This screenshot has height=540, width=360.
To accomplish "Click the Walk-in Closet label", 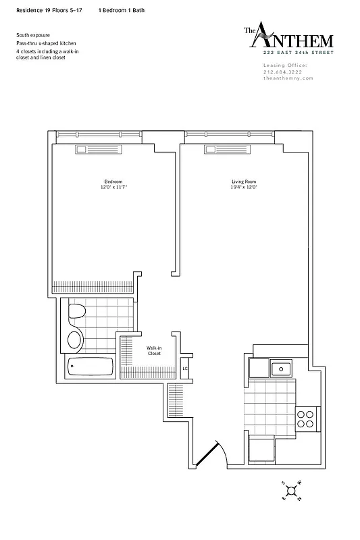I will [x=154, y=351].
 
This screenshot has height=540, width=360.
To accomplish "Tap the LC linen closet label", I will [x=184, y=369].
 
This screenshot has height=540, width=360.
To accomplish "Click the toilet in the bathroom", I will [x=76, y=313].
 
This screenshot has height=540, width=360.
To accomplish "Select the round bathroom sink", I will [x=75, y=339].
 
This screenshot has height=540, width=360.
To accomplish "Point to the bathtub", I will [x=91, y=368].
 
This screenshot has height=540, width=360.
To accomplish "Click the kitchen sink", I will [x=280, y=369].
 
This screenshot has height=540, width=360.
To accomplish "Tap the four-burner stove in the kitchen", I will [x=307, y=418].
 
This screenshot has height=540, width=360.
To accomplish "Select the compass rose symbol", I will [x=292, y=492].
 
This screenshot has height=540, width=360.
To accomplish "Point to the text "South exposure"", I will [x=32, y=34].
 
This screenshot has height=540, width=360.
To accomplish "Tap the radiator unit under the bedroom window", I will [x=91, y=149].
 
